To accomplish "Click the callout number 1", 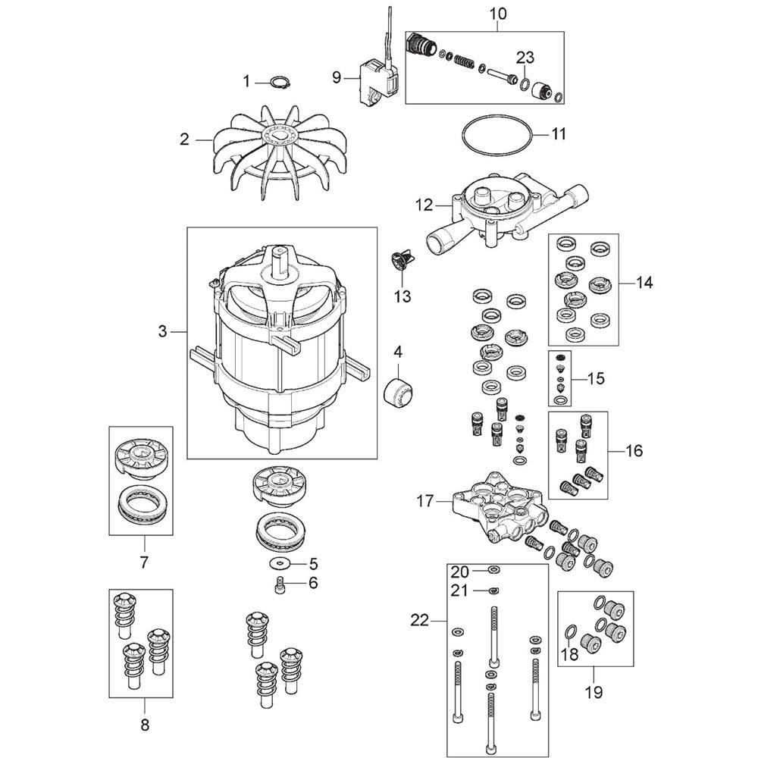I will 246,80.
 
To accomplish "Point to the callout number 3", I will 162,331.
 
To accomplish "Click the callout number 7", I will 144,562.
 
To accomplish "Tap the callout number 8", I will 145,724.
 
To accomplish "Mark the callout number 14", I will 644,283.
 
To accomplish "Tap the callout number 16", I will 634,451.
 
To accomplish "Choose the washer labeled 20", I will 493,570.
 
